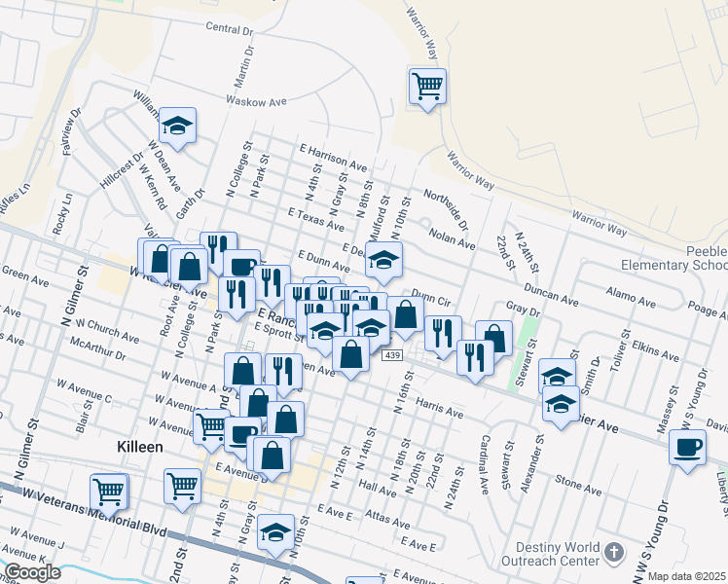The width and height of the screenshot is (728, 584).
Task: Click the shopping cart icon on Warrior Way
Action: click(427, 86)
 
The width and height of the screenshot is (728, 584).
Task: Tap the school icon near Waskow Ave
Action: click(177, 126)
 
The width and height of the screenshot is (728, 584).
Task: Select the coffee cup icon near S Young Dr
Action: click(688, 448)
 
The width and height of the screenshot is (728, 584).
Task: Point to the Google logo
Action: click(32, 572)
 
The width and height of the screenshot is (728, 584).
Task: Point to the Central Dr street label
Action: click(230, 28)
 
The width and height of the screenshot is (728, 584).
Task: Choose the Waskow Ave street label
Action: click(256, 100)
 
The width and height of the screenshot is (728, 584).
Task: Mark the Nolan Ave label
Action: click(451, 239)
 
